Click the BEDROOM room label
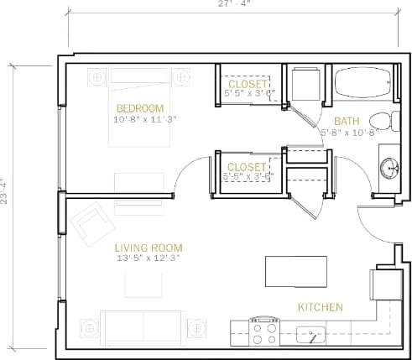click(140, 108)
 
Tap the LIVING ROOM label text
click(149, 248)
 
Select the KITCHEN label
click(320, 308)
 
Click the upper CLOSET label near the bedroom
click(248, 85)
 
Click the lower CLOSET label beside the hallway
click(247, 167)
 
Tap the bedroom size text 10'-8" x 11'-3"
click(140, 119)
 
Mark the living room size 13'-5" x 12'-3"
click(149, 258)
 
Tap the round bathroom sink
click(389, 166)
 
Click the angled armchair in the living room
click(89, 225)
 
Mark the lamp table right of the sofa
click(198, 326)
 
